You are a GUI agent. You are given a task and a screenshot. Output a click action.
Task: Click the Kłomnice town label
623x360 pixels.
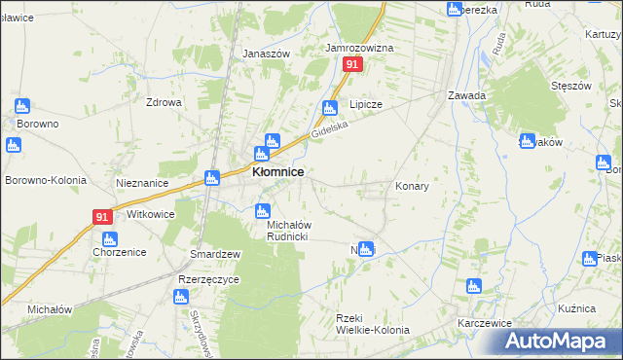277,171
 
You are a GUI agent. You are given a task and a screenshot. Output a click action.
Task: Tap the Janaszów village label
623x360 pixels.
267,54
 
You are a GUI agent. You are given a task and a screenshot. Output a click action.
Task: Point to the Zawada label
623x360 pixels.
466,95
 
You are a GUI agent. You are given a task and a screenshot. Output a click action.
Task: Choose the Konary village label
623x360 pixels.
412,185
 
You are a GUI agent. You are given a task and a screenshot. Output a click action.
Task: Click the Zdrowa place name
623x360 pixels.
165,102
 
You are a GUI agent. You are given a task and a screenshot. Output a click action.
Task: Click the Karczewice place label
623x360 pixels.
486,321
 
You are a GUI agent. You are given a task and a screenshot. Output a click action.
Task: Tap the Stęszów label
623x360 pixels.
571,86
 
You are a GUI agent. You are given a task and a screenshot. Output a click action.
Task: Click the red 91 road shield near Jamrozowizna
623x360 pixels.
352,64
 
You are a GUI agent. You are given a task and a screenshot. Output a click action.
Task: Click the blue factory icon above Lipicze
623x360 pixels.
330,108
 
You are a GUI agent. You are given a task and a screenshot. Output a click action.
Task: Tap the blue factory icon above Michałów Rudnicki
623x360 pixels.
262,210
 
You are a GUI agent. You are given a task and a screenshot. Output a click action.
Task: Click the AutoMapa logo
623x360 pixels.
564,342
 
